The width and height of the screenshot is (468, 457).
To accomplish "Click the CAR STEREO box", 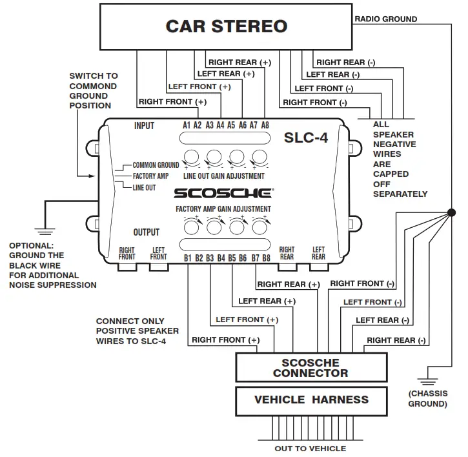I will click(x=226, y=26).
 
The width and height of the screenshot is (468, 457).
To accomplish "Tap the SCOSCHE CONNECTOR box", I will click(x=310, y=368).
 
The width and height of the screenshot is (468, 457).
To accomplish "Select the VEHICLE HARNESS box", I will click(x=311, y=400).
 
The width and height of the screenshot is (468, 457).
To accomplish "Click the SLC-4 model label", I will click(x=306, y=137).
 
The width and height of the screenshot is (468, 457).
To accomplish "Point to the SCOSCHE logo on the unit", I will click(x=224, y=192).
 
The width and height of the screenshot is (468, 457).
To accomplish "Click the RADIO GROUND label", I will click(x=386, y=19).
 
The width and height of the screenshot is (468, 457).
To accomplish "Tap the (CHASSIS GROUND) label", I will click(x=427, y=398).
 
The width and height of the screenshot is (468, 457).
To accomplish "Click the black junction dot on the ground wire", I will click(x=451, y=212).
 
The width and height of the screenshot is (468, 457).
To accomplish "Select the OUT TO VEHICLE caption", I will click(x=311, y=449).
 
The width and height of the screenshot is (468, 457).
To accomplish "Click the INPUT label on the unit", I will click(x=144, y=125).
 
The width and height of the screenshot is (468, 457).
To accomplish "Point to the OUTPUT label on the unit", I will click(x=147, y=232).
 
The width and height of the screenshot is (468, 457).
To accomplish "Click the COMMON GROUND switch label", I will click(x=156, y=165).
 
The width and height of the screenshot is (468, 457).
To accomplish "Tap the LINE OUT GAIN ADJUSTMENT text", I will click(x=223, y=176).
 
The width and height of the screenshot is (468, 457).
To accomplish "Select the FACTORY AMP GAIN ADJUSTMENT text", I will click(x=223, y=209).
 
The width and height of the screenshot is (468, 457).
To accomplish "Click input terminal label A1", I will click(x=187, y=125).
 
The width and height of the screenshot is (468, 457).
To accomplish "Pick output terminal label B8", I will click(x=266, y=258).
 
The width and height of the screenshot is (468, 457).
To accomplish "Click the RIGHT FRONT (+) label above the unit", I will click(x=172, y=101).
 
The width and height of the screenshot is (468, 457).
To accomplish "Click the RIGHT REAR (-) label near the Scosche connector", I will click(x=396, y=340).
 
